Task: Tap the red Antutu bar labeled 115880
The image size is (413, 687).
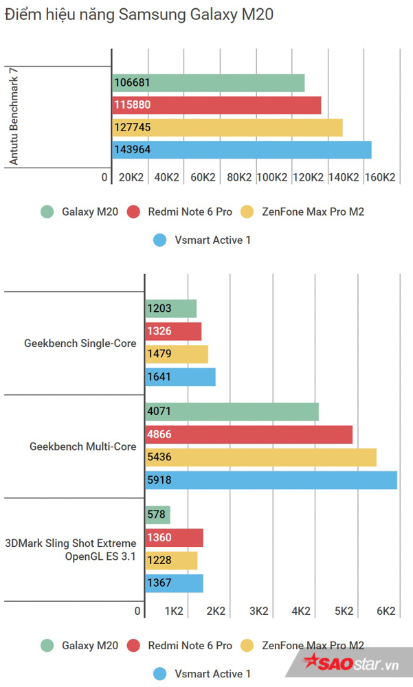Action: pyautogui.click(x=216, y=105)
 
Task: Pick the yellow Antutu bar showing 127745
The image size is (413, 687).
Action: pyautogui.click(x=227, y=128)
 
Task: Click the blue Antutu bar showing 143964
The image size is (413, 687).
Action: pyautogui.click(x=241, y=150)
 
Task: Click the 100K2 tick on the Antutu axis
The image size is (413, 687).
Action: pyautogui.click(x=271, y=177)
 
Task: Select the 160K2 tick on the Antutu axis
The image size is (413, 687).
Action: pyautogui.click(x=380, y=177)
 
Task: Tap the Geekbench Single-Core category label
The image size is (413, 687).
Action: pyautogui.click(x=80, y=343)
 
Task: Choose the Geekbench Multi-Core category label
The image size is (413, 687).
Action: pyautogui.click(x=82, y=446)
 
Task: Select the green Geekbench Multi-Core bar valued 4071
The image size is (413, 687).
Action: pyautogui.click(x=232, y=412)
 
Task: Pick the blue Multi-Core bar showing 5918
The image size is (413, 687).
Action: pyautogui.click(x=271, y=480)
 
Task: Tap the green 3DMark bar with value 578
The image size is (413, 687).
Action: pyautogui.click(x=157, y=515)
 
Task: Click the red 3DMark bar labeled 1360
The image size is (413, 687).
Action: pyautogui.click(x=174, y=538)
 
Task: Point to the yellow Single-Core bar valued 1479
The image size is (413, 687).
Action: pyautogui.click(x=177, y=354)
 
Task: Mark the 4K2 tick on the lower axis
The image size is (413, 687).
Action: pyautogui.click(x=301, y=611)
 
